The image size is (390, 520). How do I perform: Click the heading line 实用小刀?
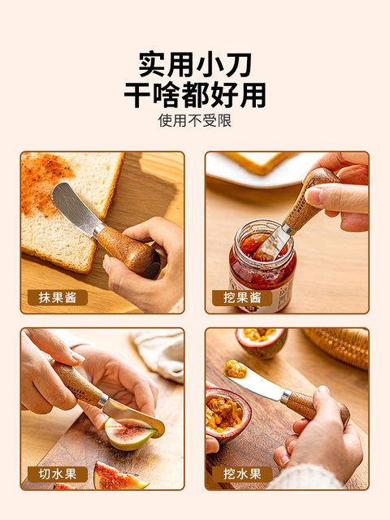coord(195,64)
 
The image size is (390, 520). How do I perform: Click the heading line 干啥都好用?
coord(195,95)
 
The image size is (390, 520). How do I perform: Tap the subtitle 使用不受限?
coord(195,120)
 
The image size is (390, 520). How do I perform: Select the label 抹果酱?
coord(58,297)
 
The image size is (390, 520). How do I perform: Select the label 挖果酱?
coord(242,298)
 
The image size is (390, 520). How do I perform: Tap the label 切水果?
coord(58,474)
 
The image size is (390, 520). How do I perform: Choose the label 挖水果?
coord(242,474)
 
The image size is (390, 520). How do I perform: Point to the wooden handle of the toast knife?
coord(128,251)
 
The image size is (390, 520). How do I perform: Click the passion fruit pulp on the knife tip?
coord(235,369)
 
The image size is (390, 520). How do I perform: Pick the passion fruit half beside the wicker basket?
coord(262,342)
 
